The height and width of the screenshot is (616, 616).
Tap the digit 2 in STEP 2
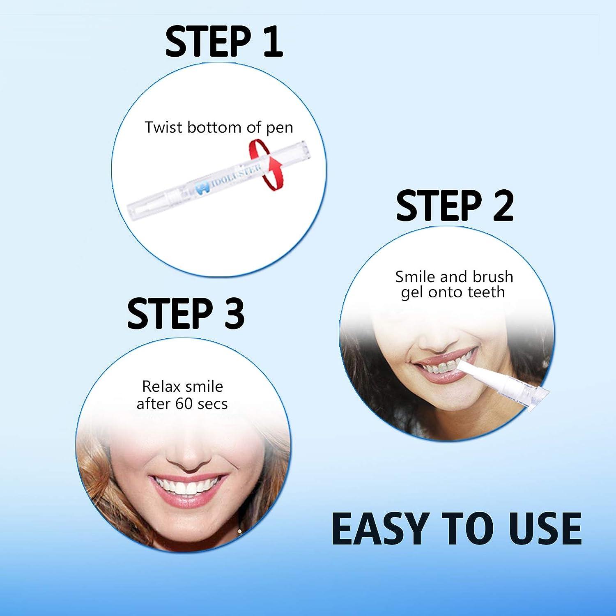point(499,206)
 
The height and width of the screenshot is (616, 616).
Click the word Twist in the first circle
point(163,127)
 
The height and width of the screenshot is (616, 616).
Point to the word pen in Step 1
point(280,128)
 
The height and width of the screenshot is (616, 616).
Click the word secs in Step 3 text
point(212,404)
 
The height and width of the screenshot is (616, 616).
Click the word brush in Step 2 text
point(493,277)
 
